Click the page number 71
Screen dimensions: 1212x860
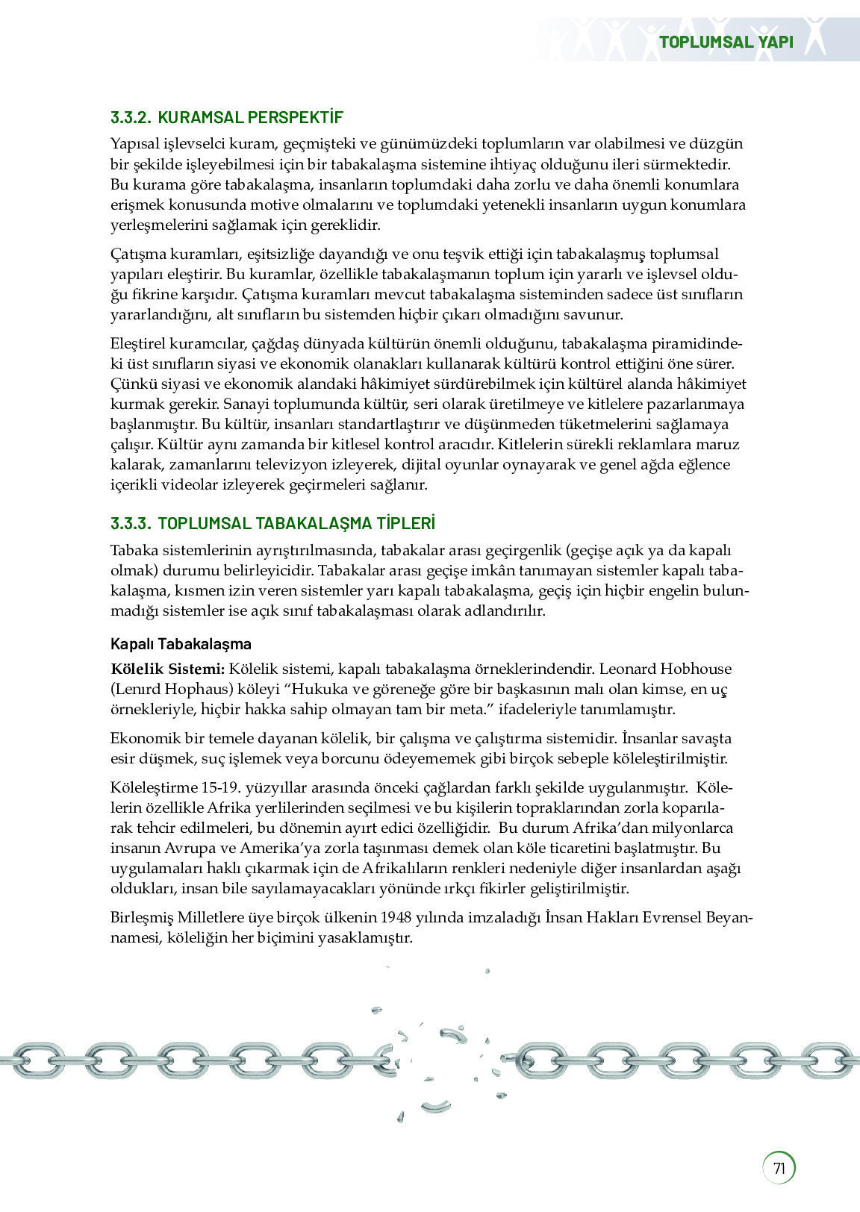pos(779,1168)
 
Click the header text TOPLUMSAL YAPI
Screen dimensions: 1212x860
pos(726,42)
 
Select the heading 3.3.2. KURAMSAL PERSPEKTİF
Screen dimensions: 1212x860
pos(226,117)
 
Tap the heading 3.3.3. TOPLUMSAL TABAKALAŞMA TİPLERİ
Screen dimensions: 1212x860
pos(272,523)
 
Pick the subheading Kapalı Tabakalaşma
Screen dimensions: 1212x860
pos(181,644)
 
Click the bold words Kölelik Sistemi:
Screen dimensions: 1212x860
pos(167,669)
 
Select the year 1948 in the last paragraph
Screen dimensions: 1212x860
pos(396,917)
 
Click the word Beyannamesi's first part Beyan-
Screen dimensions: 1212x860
pos(729,917)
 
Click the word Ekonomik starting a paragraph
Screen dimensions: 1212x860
pos(146,738)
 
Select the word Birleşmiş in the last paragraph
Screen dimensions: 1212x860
pos(141,917)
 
